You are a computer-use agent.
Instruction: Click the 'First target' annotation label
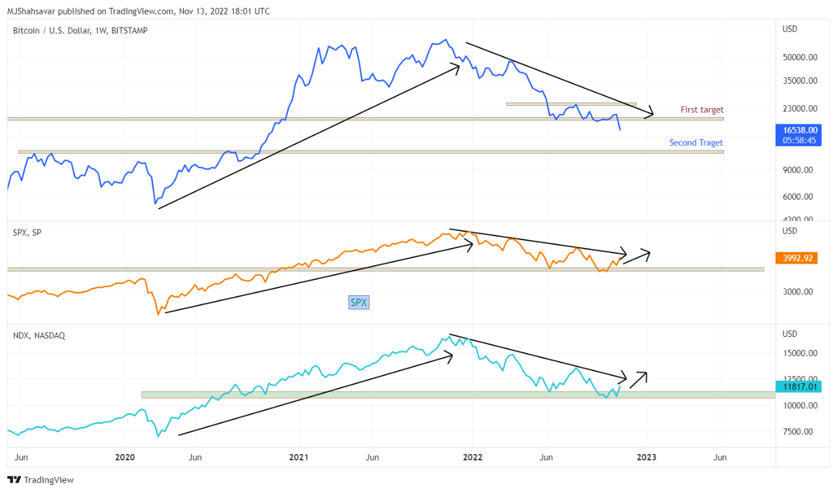pyautogui.click(x=702, y=110)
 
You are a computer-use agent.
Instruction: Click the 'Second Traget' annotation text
pyautogui.click(x=696, y=143)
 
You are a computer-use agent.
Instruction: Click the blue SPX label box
pyautogui.click(x=359, y=302)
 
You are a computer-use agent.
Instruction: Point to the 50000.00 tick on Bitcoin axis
pyautogui.click(x=800, y=58)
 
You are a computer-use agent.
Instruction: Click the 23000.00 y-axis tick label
pyautogui.click(x=800, y=109)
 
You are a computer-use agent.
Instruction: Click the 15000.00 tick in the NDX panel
pyautogui.click(x=800, y=353)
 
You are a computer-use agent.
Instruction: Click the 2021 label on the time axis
pyautogui.click(x=299, y=457)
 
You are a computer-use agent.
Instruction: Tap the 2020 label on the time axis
pyautogui.click(x=124, y=457)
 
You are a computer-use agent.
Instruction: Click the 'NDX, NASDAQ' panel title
pyautogui.click(x=39, y=335)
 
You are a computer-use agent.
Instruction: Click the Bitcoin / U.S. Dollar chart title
pyautogui.click(x=80, y=30)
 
